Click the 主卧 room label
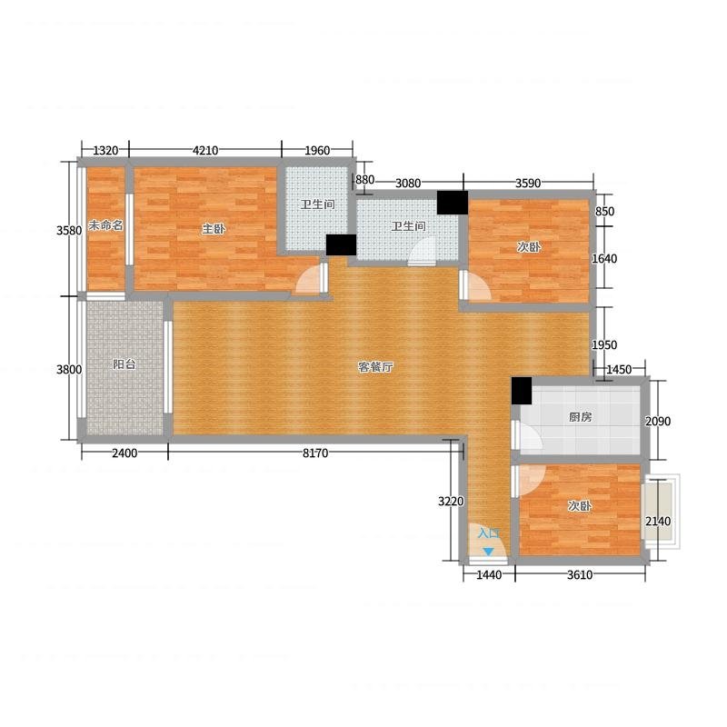214,229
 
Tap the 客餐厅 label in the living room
375,367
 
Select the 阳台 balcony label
124,364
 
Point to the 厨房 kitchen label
581,417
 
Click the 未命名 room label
105,225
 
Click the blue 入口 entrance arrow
488,552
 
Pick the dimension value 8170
315,453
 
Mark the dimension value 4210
205,151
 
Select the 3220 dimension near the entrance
451,502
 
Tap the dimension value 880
365,179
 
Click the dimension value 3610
580,575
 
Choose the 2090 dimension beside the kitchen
658,421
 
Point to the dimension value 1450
619,370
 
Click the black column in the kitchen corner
522,391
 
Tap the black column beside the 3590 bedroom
453,203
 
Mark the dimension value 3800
69,370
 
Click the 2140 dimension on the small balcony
658,521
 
